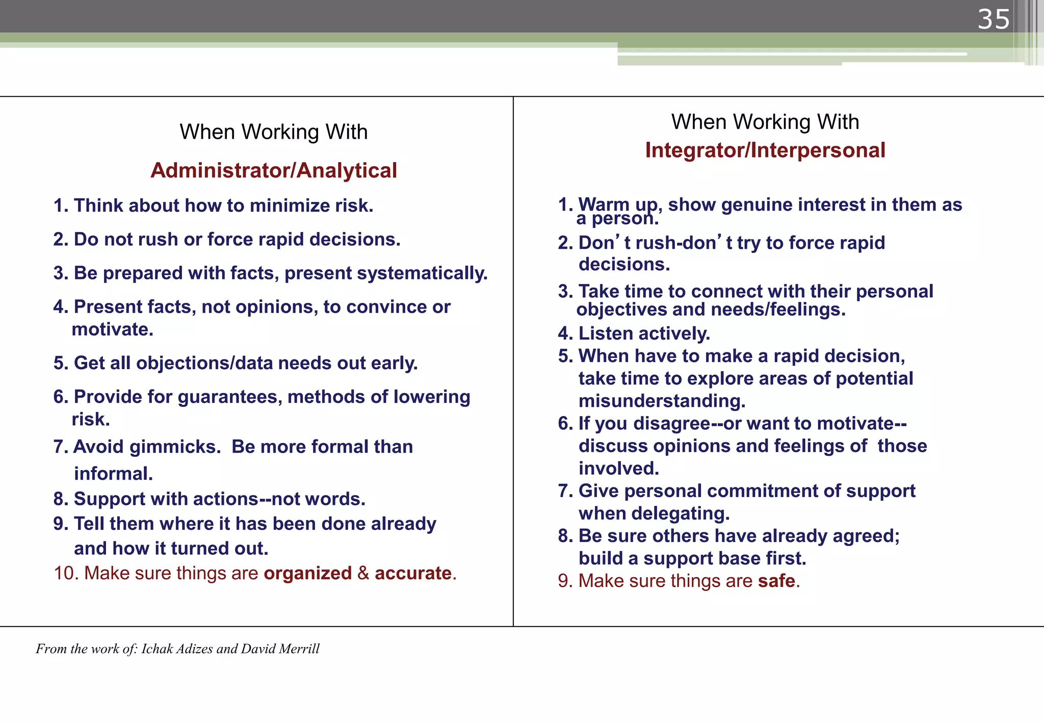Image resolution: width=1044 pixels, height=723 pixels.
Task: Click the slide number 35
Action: (x=993, y=19)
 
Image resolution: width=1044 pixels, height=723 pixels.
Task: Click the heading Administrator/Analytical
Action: (x=274, y=170)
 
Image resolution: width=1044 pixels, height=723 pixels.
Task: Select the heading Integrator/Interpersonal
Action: (x=765, y=150)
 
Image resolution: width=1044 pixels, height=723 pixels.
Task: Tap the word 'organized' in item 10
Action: (x=307, y=573)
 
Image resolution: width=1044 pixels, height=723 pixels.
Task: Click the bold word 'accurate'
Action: (x=413, y=573)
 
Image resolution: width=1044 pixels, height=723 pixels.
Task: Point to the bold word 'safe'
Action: (x=776, y=581)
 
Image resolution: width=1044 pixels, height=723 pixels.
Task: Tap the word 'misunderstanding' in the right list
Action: (x=662, y=401)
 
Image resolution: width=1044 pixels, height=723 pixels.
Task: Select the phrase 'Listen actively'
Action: (x=644, y=333)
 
